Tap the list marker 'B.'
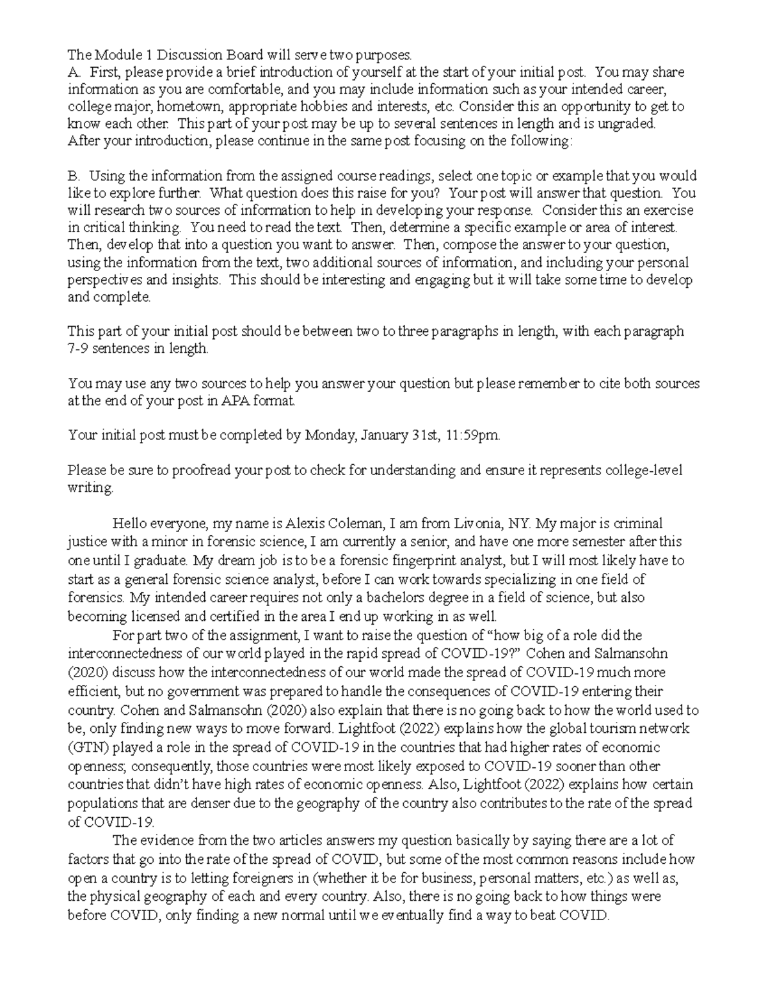[x=74, y=176]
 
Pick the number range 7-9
[x=80, y=348]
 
